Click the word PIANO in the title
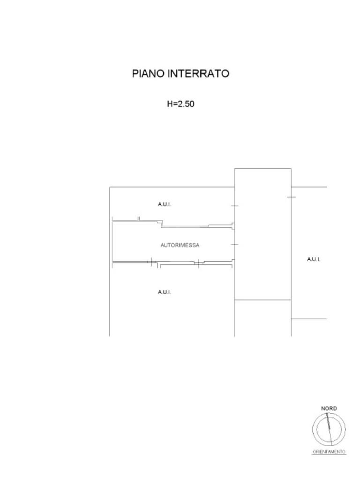(148, 74)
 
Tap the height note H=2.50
(180, 104)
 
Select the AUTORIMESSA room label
(180, 245)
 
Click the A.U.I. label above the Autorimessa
(165, 204)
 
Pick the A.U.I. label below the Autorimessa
(165, 292)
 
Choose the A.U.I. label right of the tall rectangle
(314, 259)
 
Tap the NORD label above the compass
(329, 409)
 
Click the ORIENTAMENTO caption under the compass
(329, 452)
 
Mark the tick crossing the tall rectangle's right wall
(291, 197)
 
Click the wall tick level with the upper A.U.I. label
(234, 206)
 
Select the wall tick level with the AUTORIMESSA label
(234, 244)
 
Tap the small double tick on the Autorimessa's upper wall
(139, 218)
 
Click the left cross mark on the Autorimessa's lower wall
(151, 262)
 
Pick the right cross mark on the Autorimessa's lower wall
(199, 263)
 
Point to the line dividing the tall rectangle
(262, 300)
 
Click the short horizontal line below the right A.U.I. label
(309, 319)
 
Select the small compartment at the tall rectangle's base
(262, 318)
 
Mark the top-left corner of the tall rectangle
(234, 169)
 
